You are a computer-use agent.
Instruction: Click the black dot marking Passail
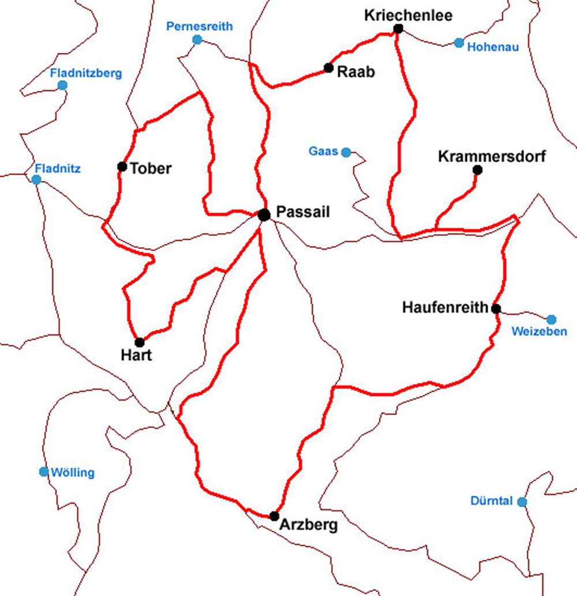coord(264,215)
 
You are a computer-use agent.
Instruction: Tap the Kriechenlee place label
coord(408,15)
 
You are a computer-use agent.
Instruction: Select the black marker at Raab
coord(328,67)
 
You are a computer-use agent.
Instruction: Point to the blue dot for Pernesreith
coord(197,40)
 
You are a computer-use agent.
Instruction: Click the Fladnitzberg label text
coord(86,73)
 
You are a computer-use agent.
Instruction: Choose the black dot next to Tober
coord(122,167)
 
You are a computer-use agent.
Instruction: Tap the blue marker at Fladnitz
coord(36,180)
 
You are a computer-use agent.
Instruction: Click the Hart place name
coord(136,355)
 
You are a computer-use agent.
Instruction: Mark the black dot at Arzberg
coord(274,516)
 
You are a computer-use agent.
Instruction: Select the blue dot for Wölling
coord(44,471)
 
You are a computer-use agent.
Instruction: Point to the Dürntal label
coord(491,501)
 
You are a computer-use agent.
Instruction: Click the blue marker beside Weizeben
coord(551,319)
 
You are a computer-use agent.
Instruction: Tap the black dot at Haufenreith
coord(496,308)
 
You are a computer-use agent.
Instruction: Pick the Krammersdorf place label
coord(492,156)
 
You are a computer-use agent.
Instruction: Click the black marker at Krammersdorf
coord(477,169)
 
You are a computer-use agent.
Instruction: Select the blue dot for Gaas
coord(346,152)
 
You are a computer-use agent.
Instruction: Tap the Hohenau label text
coord(493,47)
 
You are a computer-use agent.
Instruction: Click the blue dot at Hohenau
coord(459,43)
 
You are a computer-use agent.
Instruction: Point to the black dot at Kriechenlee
coord(398,29)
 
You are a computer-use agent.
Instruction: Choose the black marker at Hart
coord(140,342)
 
